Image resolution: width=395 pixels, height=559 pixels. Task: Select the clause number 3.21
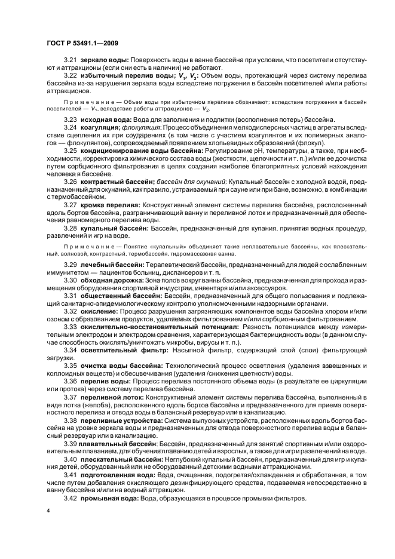coord(71,61)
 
